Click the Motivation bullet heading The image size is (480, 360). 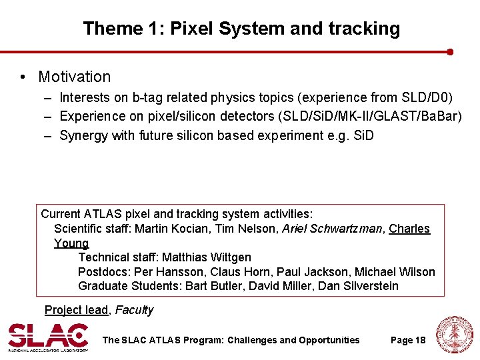click(x=74, y=77)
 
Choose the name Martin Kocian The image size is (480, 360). click(x=167, y=229)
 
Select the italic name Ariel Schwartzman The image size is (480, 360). click(x=332, y=229)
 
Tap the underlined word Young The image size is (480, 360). click(x=71, y=243)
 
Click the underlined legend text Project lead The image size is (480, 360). click(x=76, y=310)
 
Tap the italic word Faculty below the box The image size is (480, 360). click(x=134, y=310)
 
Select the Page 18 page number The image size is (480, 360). click(x=408, y=340)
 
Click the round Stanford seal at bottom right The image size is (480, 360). click(x=454, y=335)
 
